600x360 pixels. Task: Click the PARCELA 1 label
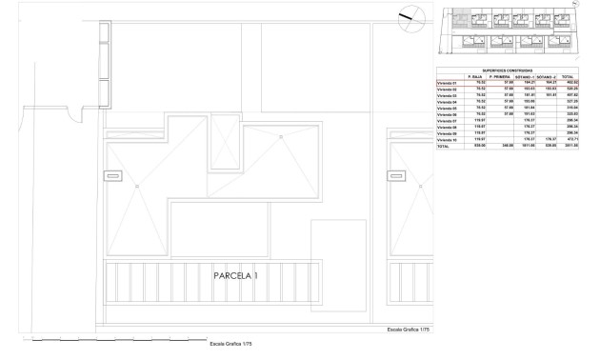234,276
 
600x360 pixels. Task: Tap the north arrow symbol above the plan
407,16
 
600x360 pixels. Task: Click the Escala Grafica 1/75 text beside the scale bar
231,344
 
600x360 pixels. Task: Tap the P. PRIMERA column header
501,77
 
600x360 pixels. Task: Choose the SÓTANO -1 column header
526,77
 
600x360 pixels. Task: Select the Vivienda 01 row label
447,83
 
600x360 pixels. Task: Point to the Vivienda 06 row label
447,114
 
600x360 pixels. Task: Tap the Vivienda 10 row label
447,140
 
